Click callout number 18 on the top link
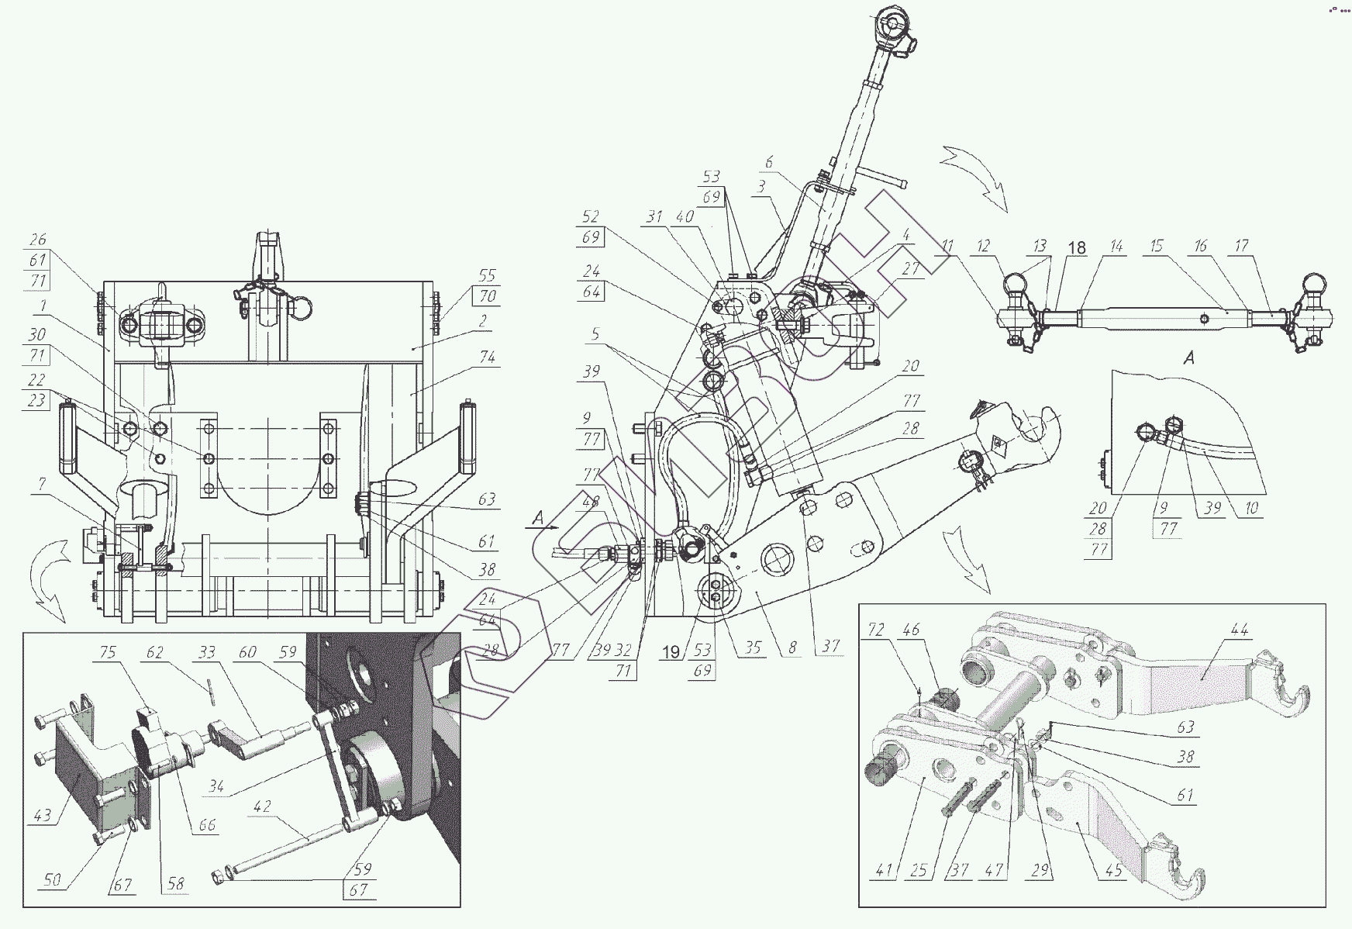tap(1077, 248)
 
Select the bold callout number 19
tap(672, 652)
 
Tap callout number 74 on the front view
tap(488, 357)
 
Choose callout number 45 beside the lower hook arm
tap(1113, 871)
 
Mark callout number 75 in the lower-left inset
tap(107, 653)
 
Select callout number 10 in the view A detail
tap(1251, 509)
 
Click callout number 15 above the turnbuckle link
tap(1156, 247)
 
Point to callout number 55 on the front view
tap(488, 275)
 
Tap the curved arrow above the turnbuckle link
tap(978, 174)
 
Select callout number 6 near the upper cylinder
tap(769, 163)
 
